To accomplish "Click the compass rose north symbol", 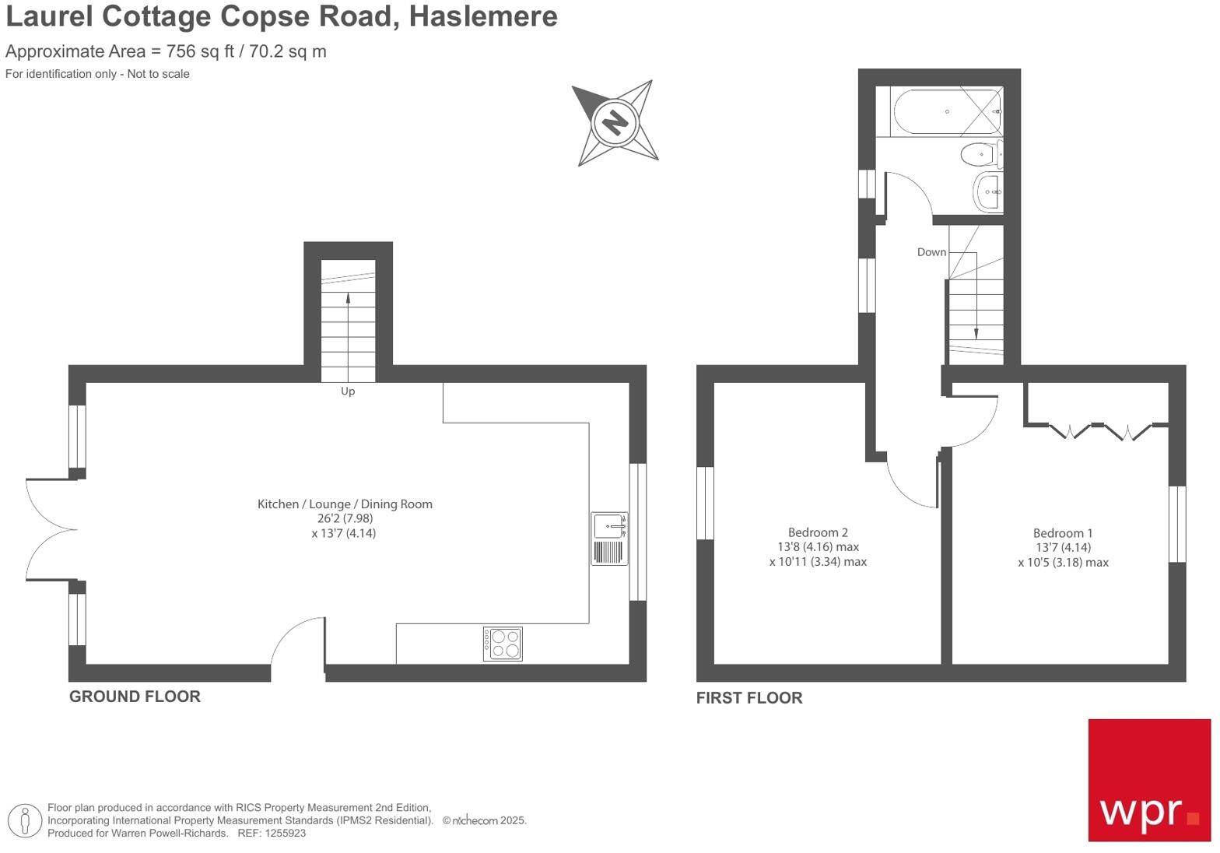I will (x=615, y=123).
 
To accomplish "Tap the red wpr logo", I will (x=1149, y=780).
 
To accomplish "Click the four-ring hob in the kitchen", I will (x=503, y=644).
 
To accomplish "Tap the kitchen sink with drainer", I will (x=609, y=539).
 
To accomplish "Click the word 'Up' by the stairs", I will (x=348, y=391).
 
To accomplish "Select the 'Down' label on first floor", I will (x=931, y=252).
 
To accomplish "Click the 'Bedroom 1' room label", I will (x=1063, y=533).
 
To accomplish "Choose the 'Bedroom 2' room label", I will (x=818, y=532).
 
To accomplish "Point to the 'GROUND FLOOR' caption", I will (x=135, y=697).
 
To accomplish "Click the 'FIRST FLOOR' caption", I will (x=749, y=698).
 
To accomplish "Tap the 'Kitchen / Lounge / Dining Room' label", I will (x=345, y=504).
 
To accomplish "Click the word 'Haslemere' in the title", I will (x=483, y=16).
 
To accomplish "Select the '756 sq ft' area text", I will (x=200, y=51).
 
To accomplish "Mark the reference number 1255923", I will (x=284, y=833).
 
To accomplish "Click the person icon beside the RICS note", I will (x=25, y=820).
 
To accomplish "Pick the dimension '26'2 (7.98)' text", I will (x=345, y=518).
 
